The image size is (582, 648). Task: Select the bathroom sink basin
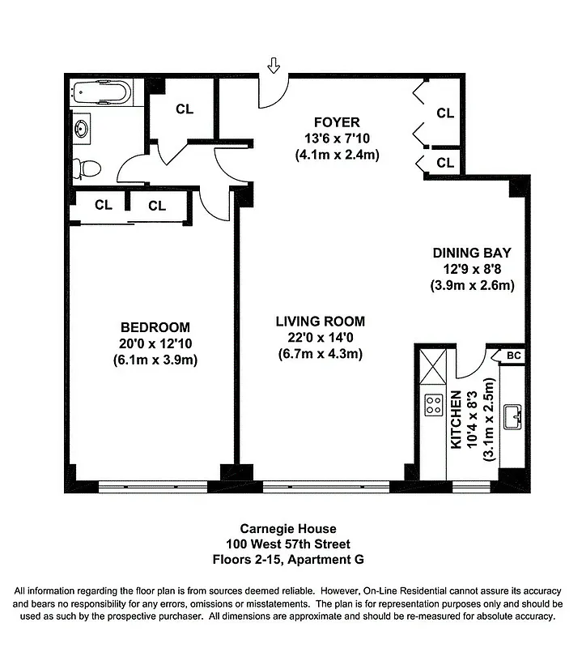[x=82, y=128]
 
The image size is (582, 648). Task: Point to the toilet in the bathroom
[x=87, y=168]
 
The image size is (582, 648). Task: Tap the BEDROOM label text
[x=155, y=327]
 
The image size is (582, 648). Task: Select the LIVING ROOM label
[x=320, y=321]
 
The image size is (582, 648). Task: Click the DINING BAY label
[x=472, y=253]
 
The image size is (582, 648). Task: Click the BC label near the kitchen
[x=512, y=356]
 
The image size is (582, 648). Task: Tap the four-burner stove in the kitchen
[x=433, y=404]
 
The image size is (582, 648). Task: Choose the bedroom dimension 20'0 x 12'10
[x=155, y=343]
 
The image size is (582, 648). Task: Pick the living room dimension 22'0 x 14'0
[x=320, y=337]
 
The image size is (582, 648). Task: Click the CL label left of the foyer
[x=185, y=109]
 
